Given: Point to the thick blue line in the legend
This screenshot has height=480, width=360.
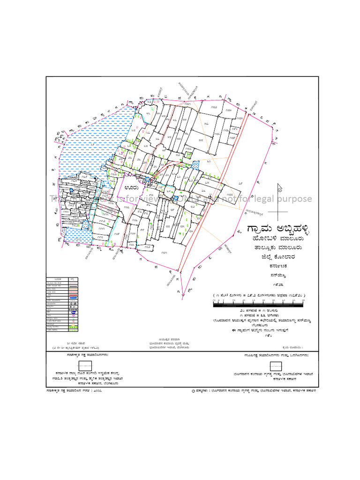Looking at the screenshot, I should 74,297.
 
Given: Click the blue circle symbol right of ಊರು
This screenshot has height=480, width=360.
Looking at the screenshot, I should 148,179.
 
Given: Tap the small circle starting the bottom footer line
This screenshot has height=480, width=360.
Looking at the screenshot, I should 193,390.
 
